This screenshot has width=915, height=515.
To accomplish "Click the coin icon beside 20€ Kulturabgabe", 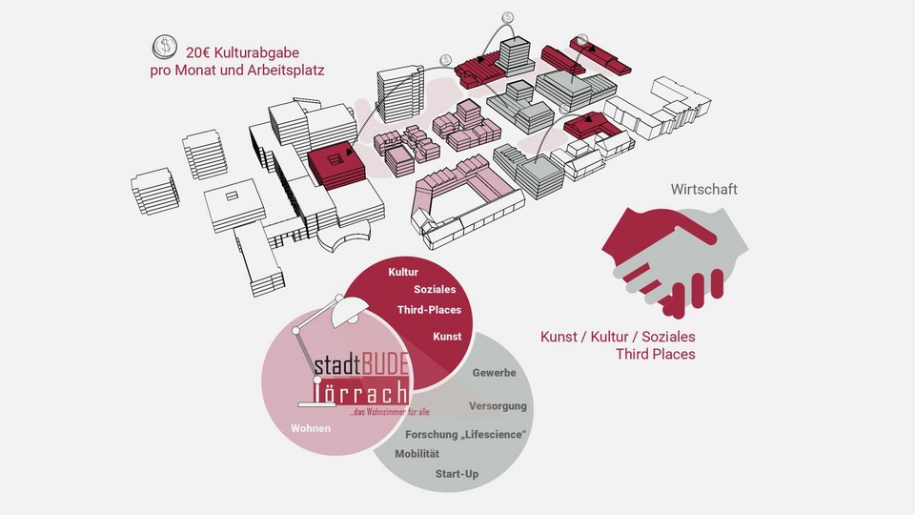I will click(165, 48).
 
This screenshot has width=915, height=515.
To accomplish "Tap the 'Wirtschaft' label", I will click(703, 190).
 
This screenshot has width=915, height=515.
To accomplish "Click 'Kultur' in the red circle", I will click(403, 273).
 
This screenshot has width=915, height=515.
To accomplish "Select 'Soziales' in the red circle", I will click(435, 289).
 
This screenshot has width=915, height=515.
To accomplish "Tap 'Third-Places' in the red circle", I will click(429, 310).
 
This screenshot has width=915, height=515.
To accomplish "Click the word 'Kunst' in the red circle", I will click(446, 337).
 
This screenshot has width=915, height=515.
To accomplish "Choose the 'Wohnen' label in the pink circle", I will click(311, 429).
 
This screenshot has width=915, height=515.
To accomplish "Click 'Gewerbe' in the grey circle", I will click(494, 373).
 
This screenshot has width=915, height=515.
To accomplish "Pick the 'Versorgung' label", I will click(498, 406).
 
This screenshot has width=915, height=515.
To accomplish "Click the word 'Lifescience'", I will click(493, 435).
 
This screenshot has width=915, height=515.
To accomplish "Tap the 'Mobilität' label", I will click(417, 454).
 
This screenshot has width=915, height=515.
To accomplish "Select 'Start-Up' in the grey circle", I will click(457, 474).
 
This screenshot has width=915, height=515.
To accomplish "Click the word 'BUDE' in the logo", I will click(385, 365).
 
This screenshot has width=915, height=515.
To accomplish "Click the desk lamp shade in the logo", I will click(347, 309).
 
